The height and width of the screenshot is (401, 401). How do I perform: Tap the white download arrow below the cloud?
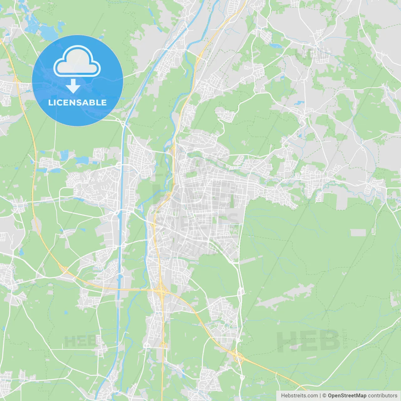pos(73,86)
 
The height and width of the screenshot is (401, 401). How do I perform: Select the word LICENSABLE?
pos(77,102)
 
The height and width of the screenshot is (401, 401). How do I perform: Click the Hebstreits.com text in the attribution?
pos(299,396)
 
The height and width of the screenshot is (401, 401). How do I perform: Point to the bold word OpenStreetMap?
pos(347,396)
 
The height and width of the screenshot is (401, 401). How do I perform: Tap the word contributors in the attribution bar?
pos(383,396)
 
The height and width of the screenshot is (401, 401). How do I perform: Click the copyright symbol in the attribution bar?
pos(325,396)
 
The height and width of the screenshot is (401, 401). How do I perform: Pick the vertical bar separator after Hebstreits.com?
pos(320,396)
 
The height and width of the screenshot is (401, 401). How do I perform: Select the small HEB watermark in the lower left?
pos(80,341)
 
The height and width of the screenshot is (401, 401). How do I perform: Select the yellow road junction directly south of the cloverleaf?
pos(163,345)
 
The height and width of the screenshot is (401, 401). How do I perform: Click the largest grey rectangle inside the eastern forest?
pos(358,232)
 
